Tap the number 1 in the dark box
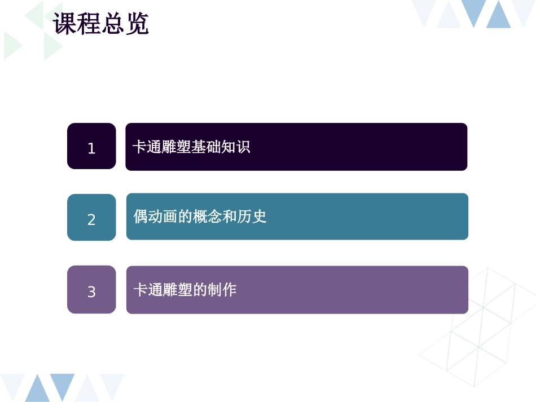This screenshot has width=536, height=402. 91,149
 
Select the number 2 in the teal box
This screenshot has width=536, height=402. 91,220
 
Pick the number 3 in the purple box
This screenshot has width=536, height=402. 91,292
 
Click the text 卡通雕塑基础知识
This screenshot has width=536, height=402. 191,147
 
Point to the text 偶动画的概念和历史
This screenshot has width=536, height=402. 200,217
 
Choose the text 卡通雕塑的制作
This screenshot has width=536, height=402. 184,290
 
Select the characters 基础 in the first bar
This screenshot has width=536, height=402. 206,147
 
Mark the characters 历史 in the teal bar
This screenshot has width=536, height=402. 252,217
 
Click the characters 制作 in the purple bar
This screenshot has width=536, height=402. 222,290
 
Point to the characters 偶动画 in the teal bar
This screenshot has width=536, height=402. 156,217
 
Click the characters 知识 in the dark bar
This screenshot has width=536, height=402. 235,147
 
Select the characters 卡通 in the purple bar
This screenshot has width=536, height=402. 148,290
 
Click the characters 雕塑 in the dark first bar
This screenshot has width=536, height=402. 177,147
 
